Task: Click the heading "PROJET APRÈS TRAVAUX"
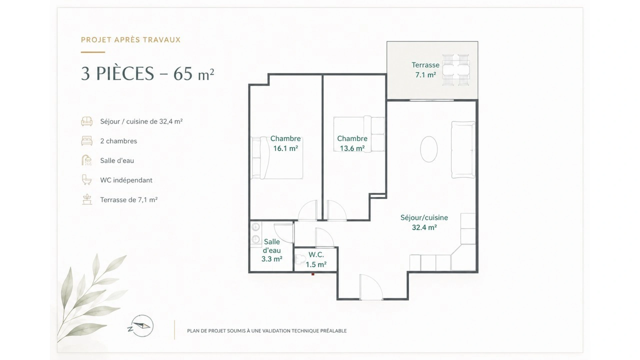131,40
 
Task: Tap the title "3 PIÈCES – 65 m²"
147,74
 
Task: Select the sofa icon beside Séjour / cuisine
87,121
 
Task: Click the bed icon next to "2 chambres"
87,141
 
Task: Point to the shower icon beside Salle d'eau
87,160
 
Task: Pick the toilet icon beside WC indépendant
87,180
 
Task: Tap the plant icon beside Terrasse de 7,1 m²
87,199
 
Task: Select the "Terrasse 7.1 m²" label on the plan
425,70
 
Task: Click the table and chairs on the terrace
456,70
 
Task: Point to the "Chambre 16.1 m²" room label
285,143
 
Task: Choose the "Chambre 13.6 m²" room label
352,143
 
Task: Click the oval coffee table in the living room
429,149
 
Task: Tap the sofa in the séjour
463,150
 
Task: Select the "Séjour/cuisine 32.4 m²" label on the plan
424,222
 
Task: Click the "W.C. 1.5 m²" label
316,260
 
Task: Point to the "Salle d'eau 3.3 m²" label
272,250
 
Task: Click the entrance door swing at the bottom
371,287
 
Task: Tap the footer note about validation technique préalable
267,331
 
